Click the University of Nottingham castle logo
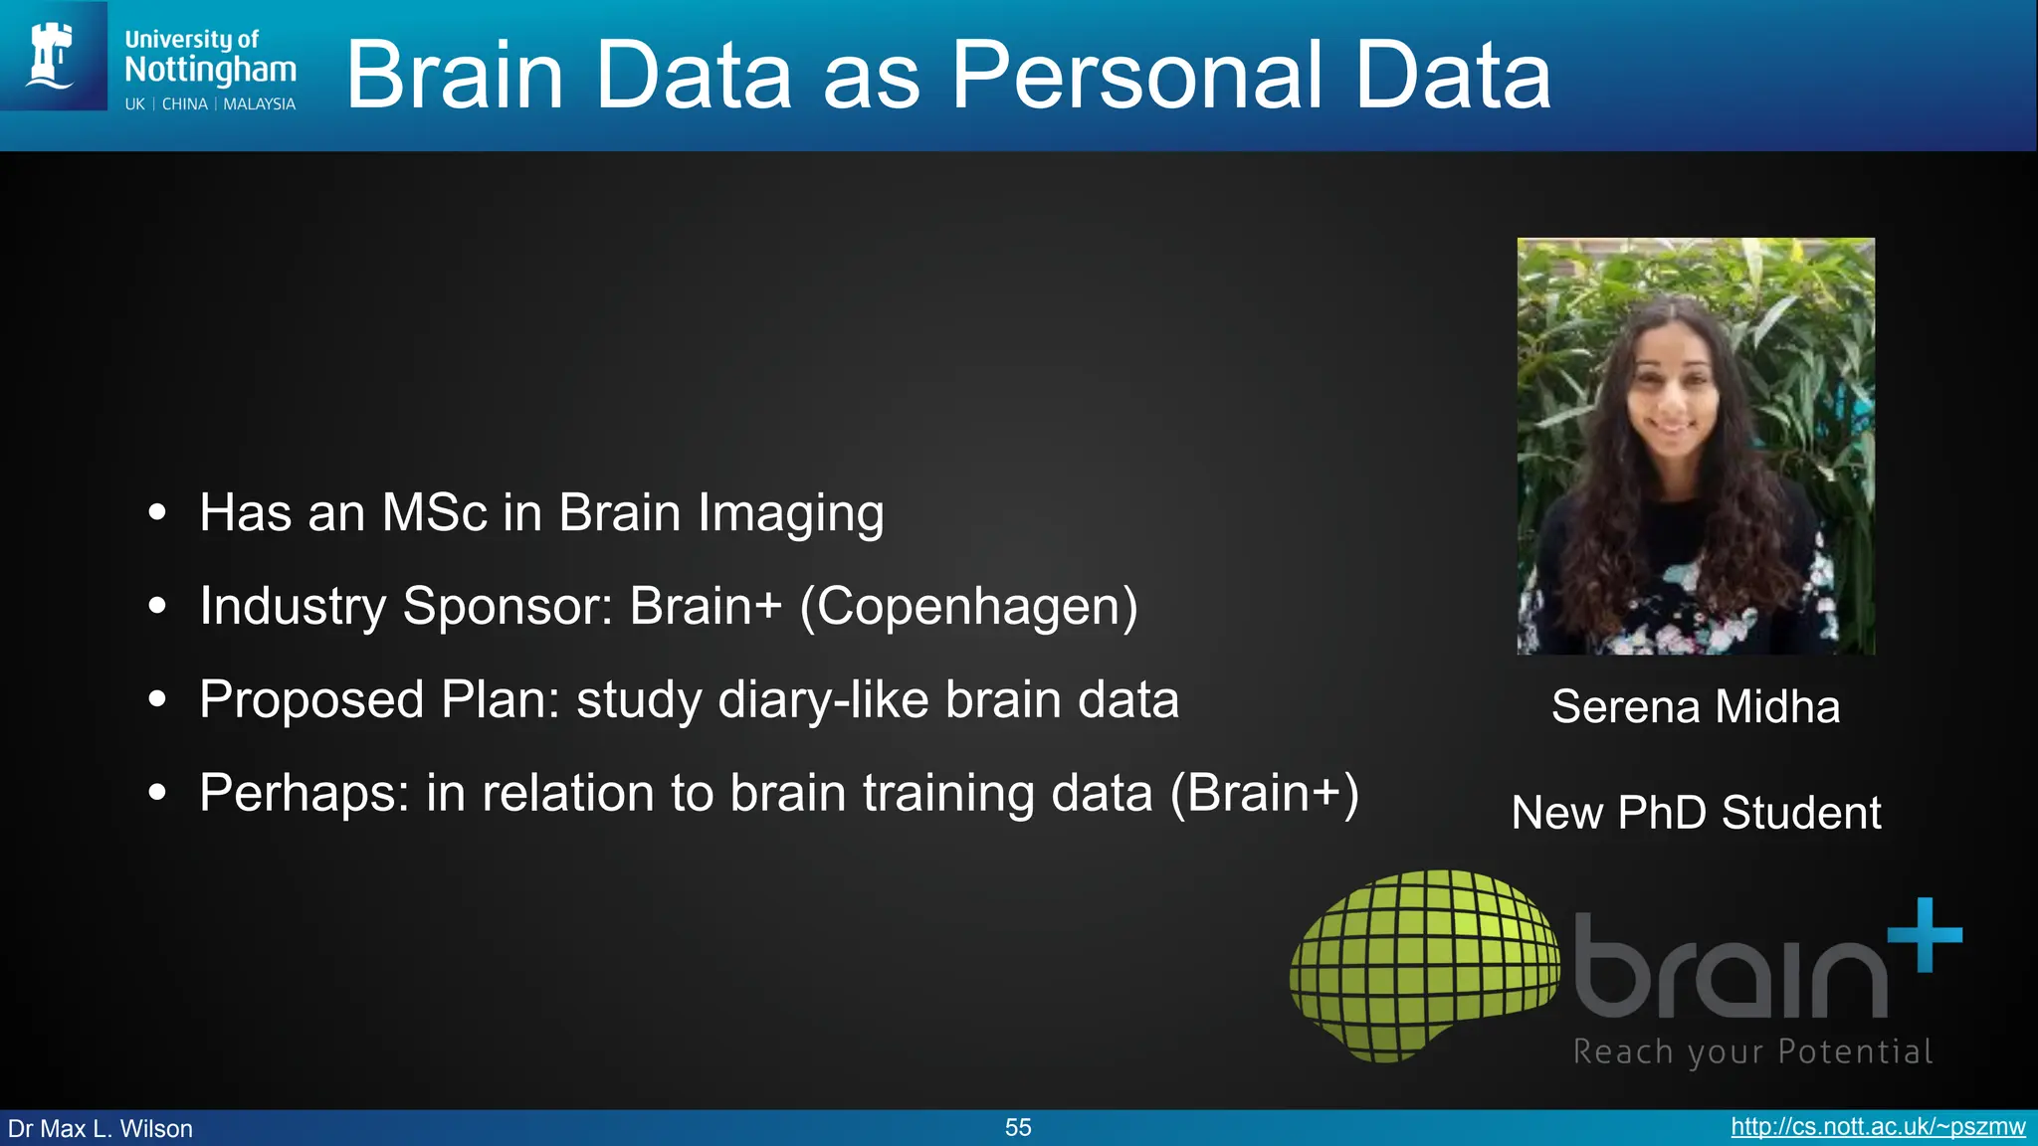pyautogui.click(x=52, y=56)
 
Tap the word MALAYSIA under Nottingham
pyautogui.click(x=259, y=104)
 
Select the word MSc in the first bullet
pyautogui.click(x=435, y=513)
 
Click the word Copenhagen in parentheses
pyautogui.click(x=968, y=606)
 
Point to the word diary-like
pyautogui.click(x=823, y=699)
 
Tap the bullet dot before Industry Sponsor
pyautogui.click(x=157, y=606)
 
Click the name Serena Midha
pyautogui.click(x=1695, y=707)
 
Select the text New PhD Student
pyautogui.click(x=1696, y=813)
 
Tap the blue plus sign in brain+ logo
pyautogui.click(x=1924, y=934)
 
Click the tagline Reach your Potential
pyautogui.click(x=1752, y=1051)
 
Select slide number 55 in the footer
pyautogui.click(x=1018, y=1127)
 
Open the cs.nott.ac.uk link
pyautogui.click(x=1878, y=1127)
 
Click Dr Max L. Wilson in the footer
pyautogui.click(x=101, y=1129)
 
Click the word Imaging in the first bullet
pyautogui.click(x=790, y=513)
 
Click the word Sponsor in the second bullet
pyautogui.click(x=507, y=606)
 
